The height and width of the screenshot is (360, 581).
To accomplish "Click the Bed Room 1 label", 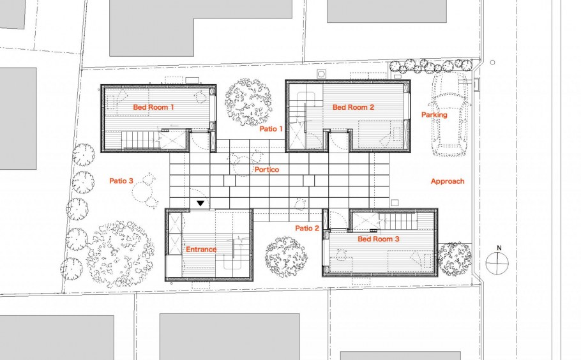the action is tap(153, 107).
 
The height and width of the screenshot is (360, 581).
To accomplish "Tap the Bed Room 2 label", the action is tap(353, 107).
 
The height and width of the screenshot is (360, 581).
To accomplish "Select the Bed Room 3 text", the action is tap(379, 239).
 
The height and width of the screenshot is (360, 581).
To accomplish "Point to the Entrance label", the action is tap(201, 250).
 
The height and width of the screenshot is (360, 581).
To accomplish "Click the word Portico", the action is tap(267, 170).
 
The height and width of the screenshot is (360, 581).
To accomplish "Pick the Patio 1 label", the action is tap(271, 129).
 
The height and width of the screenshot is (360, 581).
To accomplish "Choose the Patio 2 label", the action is tap(307, 228).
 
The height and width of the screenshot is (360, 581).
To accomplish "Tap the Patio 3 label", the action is tap(121, 181).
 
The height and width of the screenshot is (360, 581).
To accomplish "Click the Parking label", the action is tap(434, 115).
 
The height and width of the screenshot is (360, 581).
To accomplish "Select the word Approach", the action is tap(448, 181).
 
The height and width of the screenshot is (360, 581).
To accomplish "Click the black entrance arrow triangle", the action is tap(200, 204).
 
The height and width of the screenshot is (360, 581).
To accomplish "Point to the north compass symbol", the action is tap(497, 264).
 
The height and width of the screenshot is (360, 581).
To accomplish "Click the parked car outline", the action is tap(451, 114).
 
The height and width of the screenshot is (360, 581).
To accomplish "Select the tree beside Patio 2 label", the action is tap(286, 257).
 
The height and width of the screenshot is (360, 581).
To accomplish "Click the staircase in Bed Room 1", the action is tap(137, 140).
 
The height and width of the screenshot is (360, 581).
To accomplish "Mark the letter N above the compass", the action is tap(499, 248).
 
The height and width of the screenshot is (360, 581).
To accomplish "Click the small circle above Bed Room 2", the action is tap(321, 73).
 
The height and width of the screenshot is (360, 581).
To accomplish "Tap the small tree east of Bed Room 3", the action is tap(455, 259).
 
